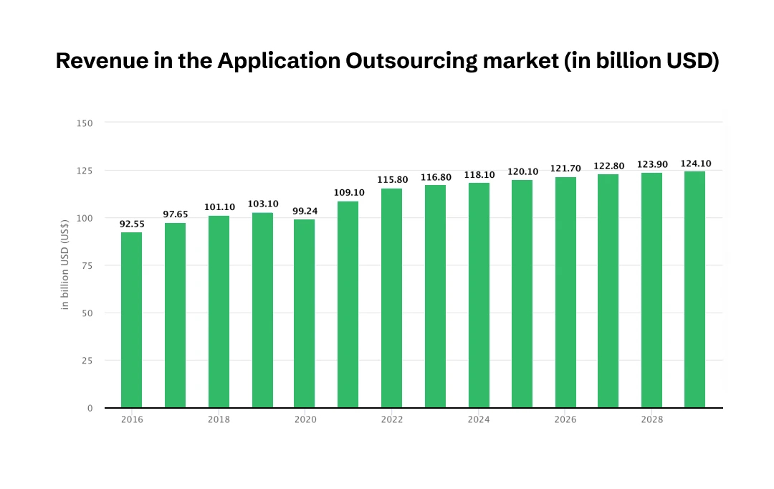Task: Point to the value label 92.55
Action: tap(131, 224)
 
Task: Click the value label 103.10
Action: tap(262, 204)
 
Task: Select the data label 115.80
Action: tap(392, 179)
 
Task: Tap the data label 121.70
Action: tap(565, 168)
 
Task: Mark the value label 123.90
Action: tap(651, 165)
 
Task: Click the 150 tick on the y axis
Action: tap(85, 123)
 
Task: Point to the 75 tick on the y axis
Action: tap(87, 265)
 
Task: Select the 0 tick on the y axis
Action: tap(90, 408)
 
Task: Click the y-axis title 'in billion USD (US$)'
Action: tap(64, 265)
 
